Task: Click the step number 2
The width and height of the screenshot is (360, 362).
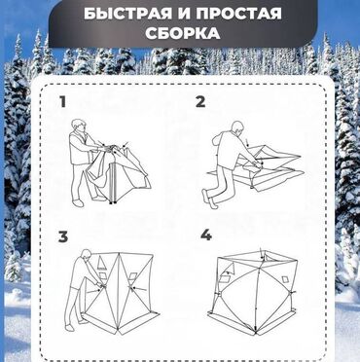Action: click(200, 101)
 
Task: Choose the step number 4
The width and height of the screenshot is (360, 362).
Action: click(205, 236)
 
